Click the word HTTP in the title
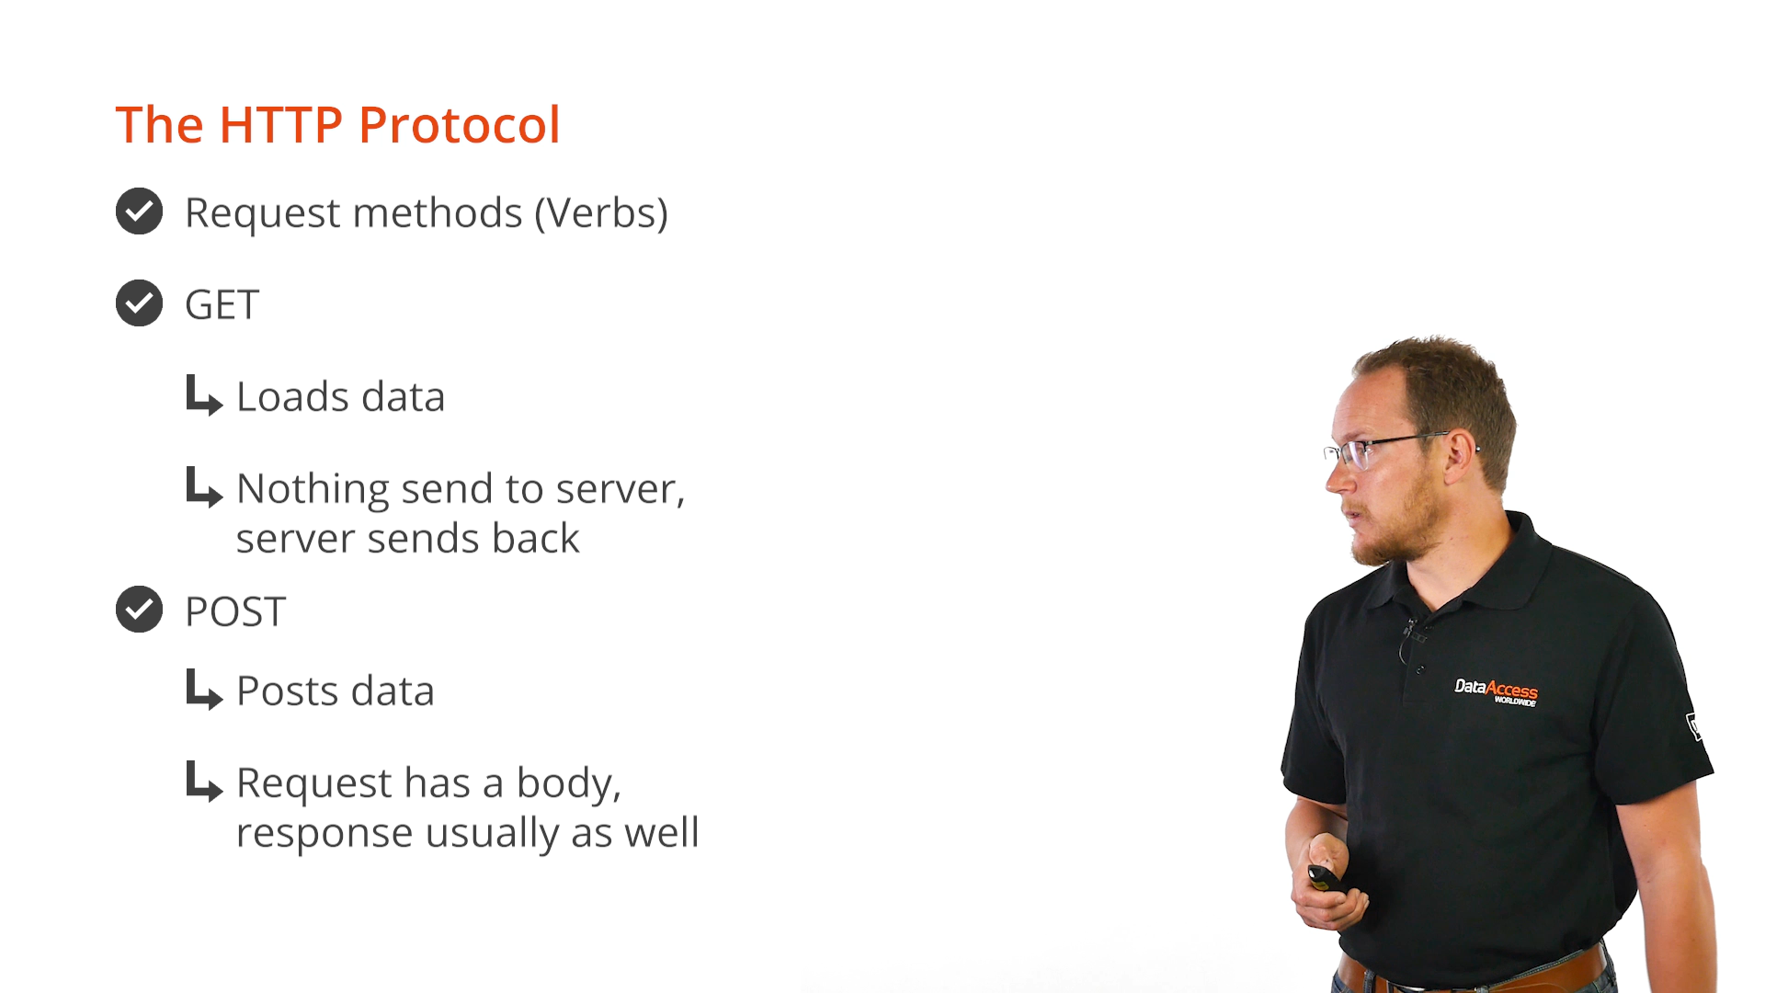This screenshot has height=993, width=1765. [x=280, y=125]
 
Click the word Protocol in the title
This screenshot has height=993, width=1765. [x=459, y=125]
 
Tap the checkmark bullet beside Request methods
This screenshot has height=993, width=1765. [x=139, y=211]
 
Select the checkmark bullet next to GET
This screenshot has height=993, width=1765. [x=139, y=303]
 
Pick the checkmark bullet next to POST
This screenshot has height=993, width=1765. [x=139, y=610]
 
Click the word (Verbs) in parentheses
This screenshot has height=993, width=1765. [x=601, y=213]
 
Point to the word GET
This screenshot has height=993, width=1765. [x=222, y=305]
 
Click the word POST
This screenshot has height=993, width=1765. [x=235, y=611]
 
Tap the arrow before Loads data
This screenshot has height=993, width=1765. [x=203, y=395]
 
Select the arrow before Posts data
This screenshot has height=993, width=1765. [x=203, y=690]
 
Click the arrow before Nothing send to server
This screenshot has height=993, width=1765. [x=203, y=487]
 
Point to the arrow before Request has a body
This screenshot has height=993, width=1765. [x=203, y=782]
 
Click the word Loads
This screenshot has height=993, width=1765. [x=293, y=397]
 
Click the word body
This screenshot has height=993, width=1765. [x=568, y=784]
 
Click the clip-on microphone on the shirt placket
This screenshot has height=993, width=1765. [x=1413, y=632]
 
